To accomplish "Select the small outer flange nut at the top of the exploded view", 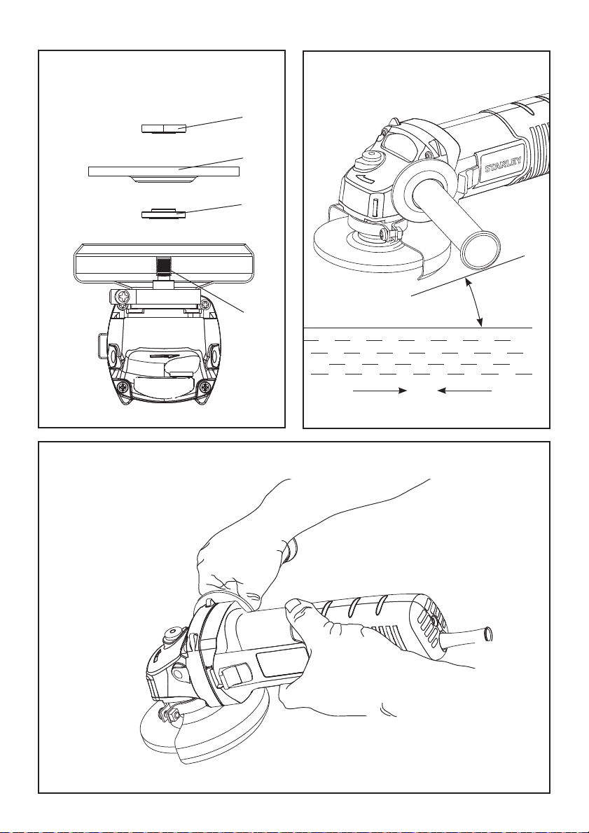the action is tap(162, 128).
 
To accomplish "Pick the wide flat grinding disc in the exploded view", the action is tap(165, 171).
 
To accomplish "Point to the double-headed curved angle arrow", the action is tap(475, 301).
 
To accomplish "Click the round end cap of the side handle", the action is tap(480, 248).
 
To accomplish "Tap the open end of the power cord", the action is tap(489, 635).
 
